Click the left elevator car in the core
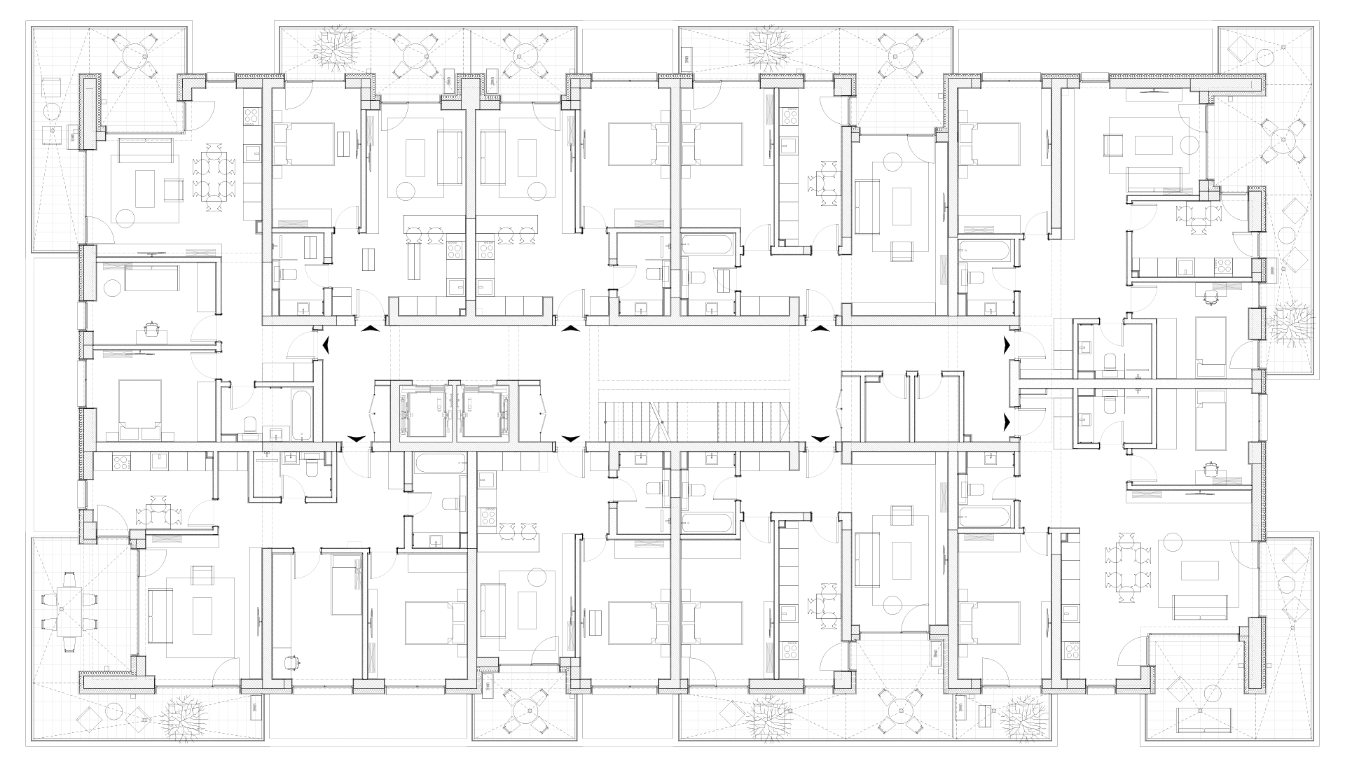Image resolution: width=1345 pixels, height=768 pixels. pyautogui.click(x=422, y=413)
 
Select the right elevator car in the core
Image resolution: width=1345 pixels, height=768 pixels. pyautogui.click(x=484, y=413)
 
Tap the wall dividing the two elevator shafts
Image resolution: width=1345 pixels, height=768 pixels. pyautogui.click(x=453, y=413)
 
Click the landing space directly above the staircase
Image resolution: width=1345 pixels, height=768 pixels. pyautogui.click(x=694, y=354)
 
